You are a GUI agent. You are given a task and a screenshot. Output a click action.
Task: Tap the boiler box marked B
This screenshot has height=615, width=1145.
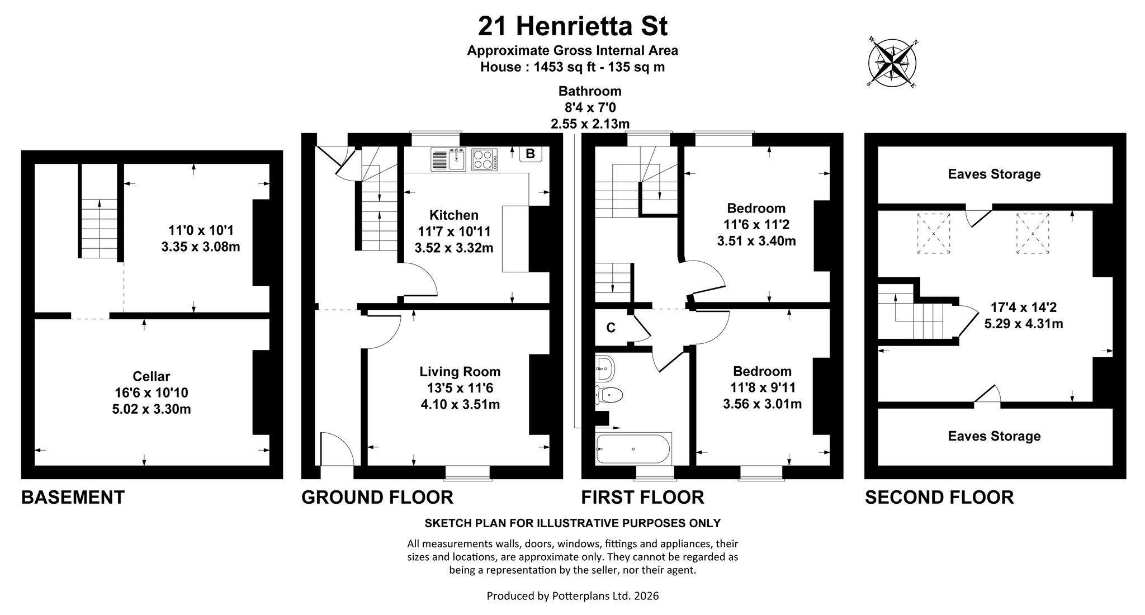531,154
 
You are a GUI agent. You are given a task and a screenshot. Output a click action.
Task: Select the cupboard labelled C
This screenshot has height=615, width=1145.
611,328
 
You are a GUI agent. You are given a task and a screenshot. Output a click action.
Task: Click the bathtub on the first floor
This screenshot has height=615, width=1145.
633,448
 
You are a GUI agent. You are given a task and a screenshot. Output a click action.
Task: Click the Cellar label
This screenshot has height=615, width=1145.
152,377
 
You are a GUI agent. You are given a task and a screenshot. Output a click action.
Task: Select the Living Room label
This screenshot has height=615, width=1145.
460,372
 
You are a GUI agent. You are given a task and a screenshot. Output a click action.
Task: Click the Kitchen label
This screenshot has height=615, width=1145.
454,215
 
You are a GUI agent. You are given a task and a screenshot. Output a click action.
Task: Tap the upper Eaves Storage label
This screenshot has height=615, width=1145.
994,174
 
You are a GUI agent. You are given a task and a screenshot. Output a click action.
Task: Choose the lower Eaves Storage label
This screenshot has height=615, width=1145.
994,436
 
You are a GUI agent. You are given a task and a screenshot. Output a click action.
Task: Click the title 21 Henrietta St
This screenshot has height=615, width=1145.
572,26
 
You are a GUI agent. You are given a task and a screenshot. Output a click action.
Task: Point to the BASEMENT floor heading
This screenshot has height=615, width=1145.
73,497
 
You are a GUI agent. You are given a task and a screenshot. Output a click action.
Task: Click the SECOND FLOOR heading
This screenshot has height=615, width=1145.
939,497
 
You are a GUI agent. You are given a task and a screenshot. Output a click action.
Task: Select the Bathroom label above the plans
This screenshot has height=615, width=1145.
590,91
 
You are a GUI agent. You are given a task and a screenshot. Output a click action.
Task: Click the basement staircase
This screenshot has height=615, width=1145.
100,229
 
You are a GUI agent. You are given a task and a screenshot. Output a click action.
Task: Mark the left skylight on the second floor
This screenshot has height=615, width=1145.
933,233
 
